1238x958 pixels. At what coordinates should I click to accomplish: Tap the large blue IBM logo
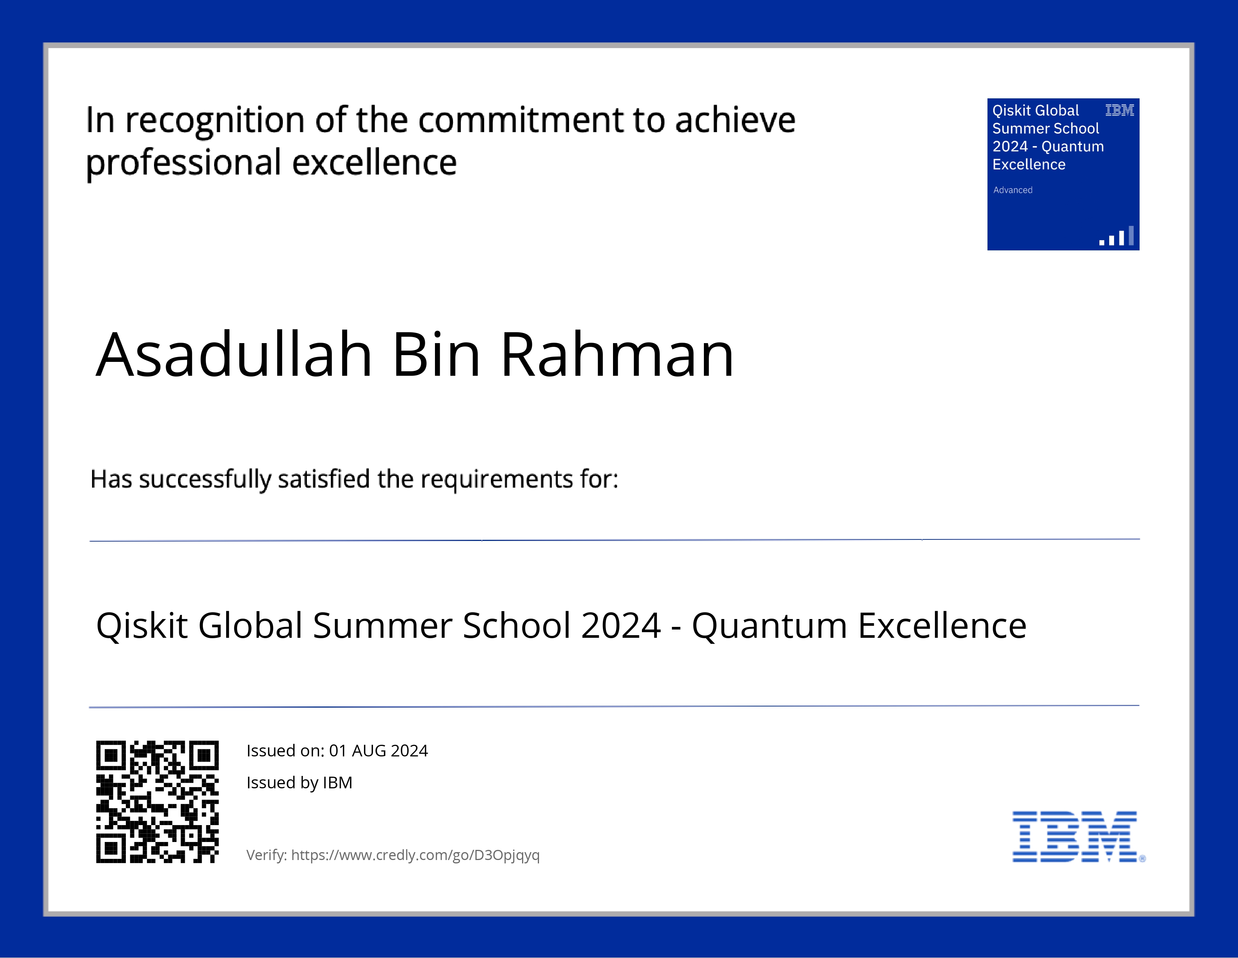(x=1075, y=836)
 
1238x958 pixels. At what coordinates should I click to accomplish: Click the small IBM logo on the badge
(x=1120, y=110)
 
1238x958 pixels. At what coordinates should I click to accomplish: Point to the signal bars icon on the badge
(x=1117, y=236)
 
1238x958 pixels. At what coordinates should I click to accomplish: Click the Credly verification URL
(x=415, y=855)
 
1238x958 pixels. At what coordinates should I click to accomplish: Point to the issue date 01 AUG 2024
(x=379, y=751)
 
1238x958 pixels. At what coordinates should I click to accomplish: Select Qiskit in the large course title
(x=142, y=626)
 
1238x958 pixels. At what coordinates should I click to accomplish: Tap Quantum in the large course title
(x=769, y=626)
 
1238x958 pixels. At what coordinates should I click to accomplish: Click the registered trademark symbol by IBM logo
(x=1142, y=859)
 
